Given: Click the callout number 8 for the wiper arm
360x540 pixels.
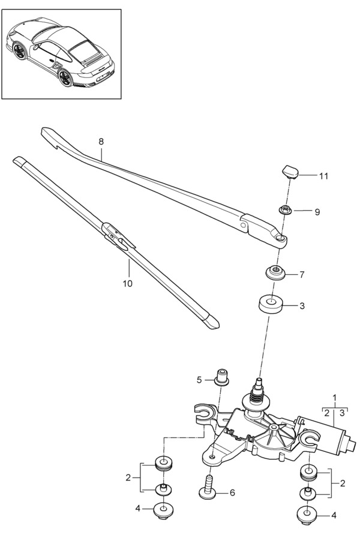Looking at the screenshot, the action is pyautogui.click(x=101, y=141).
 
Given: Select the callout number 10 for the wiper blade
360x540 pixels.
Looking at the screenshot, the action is pyautogui.click(x=127, y=283).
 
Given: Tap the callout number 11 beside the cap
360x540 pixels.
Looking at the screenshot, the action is pyautogui.click(x=323, y=176).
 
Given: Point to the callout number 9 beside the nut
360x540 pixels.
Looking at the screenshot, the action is pyautogui.click(x=317, y=212).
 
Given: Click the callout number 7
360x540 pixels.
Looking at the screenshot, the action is pyautogui.click(x=302, y=275).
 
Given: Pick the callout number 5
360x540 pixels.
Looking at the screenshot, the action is pyautogui.click(x=199, y=380).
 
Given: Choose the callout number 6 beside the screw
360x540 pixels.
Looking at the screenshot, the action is pyautogui.click(x=232, y=493).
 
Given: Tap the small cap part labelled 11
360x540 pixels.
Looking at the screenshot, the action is pyautogui.click(x=290, y=172).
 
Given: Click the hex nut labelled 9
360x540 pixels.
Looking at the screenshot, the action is pyautogui.click(x=285, y=209).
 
